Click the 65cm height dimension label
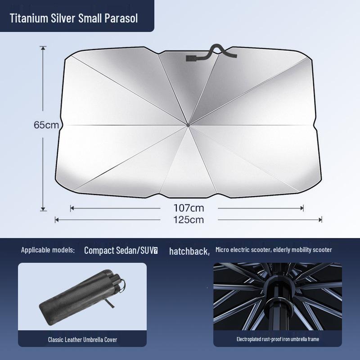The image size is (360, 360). [x=46, y=125]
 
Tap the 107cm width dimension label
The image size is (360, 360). [x=189, y=208]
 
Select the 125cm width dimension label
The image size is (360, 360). [x=189, y=220]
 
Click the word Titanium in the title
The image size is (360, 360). [x=29, y=18]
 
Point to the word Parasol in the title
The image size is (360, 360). [x=121, y=18]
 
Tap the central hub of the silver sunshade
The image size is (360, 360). [x=188, y=125]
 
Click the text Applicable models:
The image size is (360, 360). [x=48, y=250]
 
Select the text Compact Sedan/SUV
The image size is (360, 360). [x=119, y=251]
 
